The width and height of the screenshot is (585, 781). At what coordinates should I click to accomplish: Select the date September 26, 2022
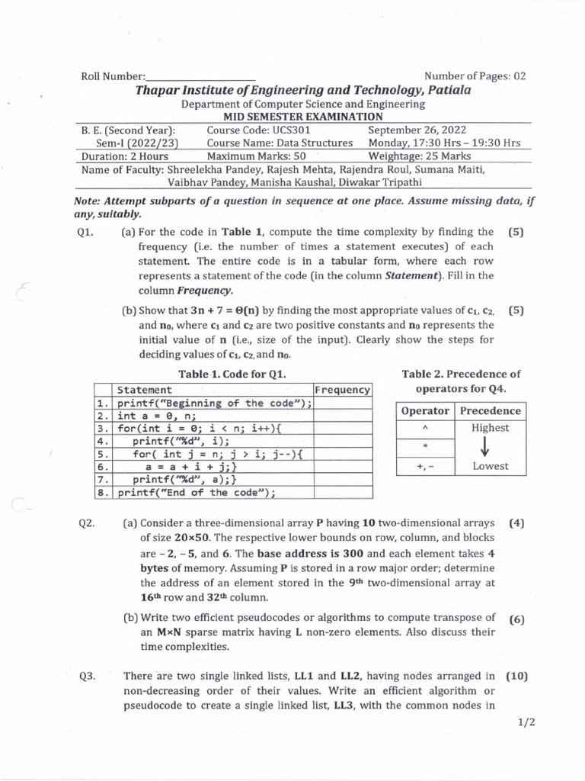417,130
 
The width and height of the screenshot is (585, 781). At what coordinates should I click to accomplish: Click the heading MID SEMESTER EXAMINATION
302,116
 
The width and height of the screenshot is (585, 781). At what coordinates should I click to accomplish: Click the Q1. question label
85,232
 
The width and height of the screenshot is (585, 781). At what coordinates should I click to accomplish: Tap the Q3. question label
85,675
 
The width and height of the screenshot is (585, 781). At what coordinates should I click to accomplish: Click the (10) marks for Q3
515,675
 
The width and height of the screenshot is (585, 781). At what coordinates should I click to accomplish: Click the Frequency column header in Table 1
342,390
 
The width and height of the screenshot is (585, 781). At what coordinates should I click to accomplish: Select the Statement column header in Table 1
145,390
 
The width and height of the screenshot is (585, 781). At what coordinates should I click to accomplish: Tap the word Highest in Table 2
490,428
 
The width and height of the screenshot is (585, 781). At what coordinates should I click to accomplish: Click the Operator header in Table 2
425,410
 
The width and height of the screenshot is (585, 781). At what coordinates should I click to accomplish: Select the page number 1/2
524,724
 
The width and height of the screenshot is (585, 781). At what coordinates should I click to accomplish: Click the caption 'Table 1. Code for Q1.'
232,374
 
